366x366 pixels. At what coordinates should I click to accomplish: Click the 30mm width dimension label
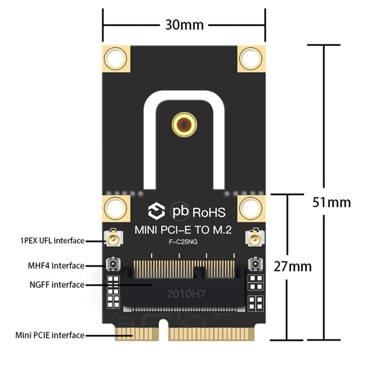(184, 24)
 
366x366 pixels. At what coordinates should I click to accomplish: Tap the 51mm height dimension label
(332, 201)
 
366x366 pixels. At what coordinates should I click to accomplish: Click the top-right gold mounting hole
(251, 58)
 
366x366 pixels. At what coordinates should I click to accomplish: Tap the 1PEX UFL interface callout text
(52, 240)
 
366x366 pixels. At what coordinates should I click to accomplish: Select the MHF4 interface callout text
(56, 265)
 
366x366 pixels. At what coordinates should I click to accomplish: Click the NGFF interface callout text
(56, 285)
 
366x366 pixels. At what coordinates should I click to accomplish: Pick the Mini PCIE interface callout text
(50, 335)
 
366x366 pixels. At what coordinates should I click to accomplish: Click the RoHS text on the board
(209, 212)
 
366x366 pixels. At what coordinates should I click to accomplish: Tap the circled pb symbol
(180, 211)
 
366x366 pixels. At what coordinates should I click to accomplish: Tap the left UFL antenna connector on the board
(112, 238)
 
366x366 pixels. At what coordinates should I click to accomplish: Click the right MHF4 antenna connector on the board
(254, 264)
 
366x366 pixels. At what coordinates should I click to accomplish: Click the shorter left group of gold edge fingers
(136, 333)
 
